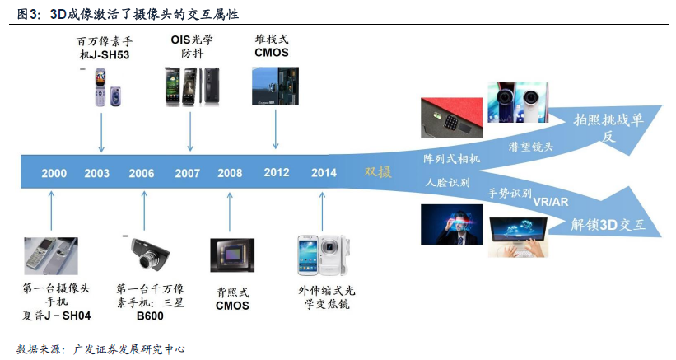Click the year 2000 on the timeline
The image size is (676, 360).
[54, 173]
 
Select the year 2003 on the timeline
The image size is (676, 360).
[96, 173]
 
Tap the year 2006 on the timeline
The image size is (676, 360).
[142, 173]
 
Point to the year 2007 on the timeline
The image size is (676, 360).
[187, 173]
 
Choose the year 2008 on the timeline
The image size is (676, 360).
[230, 173]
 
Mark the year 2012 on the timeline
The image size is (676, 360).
[277, 172]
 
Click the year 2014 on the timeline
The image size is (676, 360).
[324, 173]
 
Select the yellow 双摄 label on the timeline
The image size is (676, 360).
[378, 172]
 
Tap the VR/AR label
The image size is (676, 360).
[551, 202]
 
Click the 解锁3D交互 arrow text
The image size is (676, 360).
[608, 225]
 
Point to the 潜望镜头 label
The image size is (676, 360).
[531, 147]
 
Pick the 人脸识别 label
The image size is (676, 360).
[447, 182]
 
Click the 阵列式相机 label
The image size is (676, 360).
[451, 159]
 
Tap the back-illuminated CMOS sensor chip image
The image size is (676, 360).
[232, 255]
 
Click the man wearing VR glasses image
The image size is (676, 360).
[451, 225]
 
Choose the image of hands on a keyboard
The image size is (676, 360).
[518, 238]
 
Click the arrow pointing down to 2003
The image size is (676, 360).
[101, 133]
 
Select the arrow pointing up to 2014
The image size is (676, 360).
[322, 212]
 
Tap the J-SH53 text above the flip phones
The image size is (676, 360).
[110, 55]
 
